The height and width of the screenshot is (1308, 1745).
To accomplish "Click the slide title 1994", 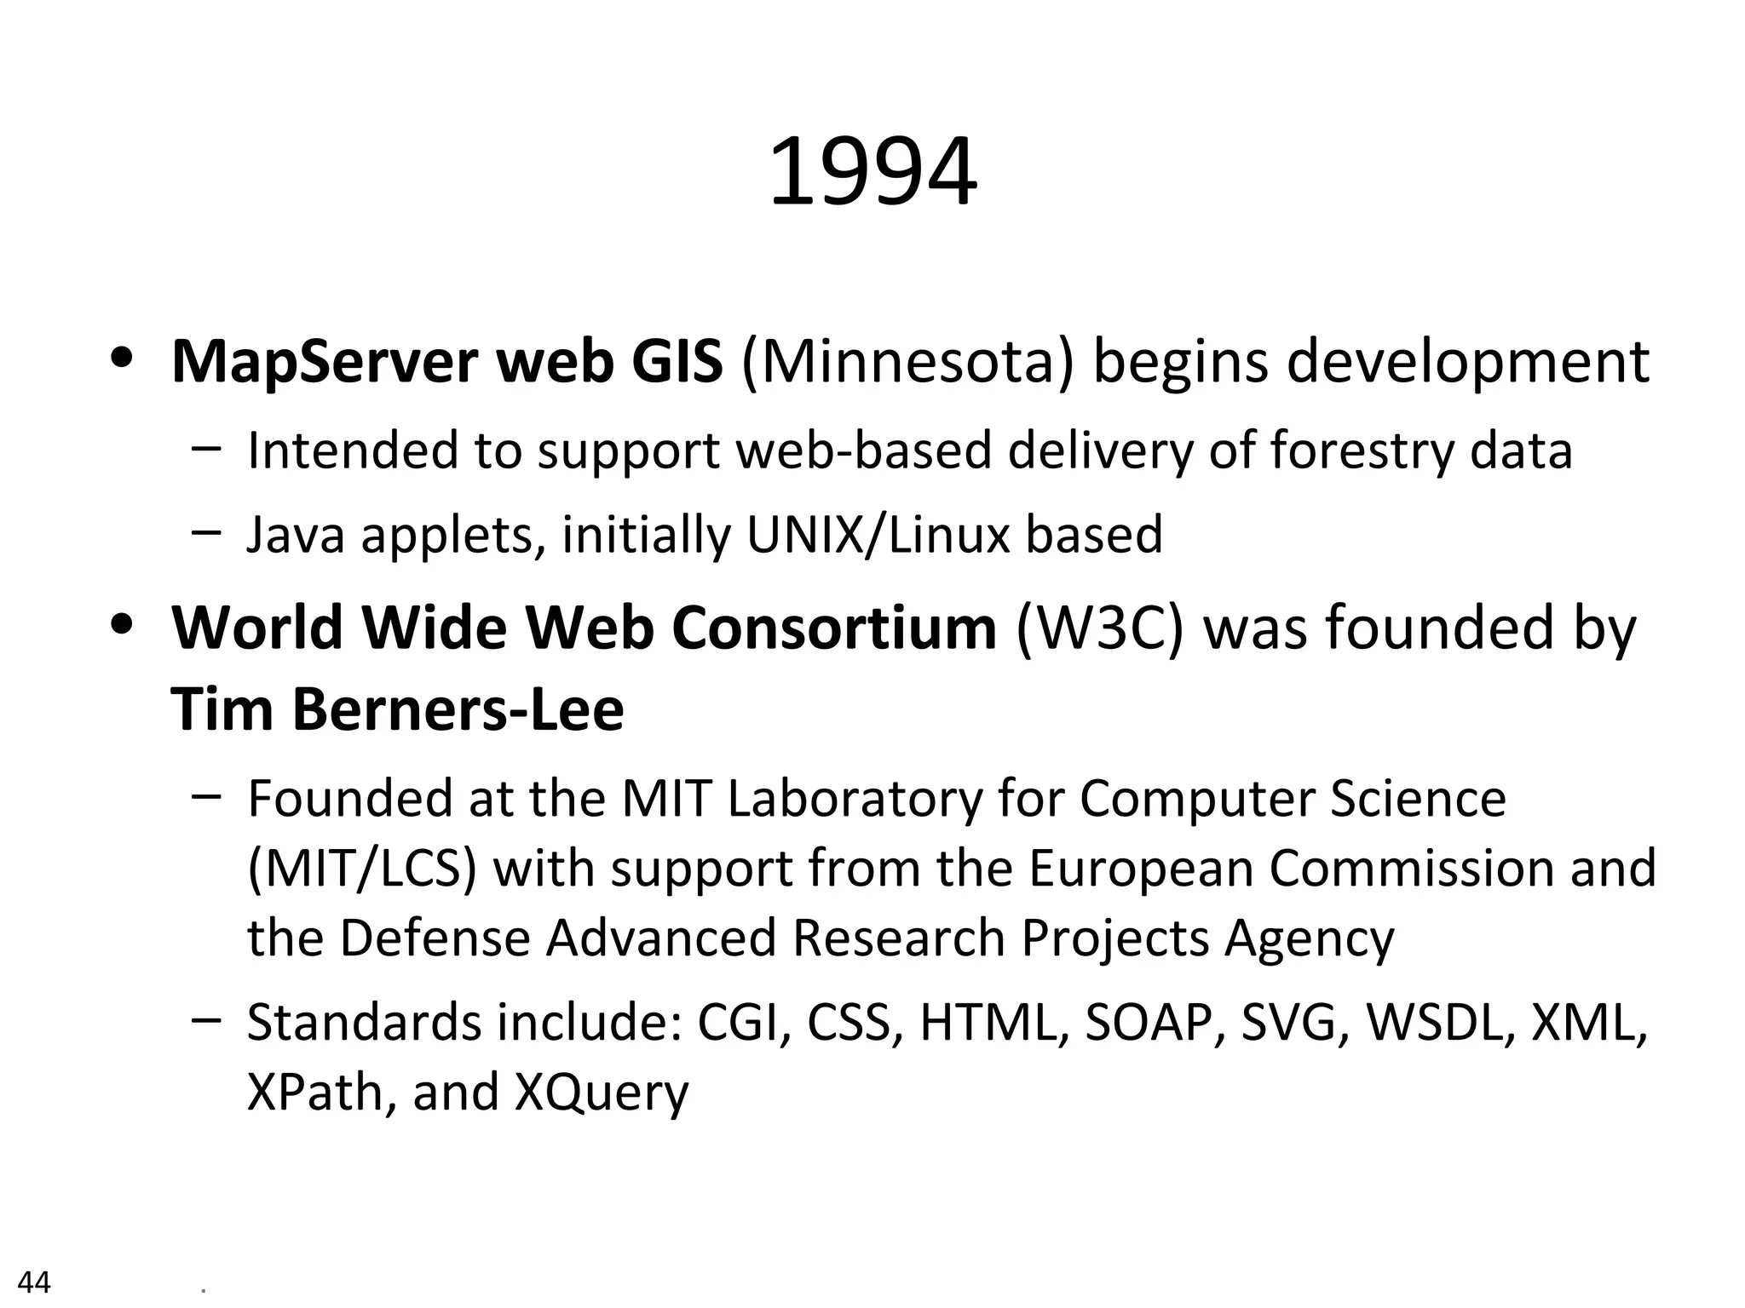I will click(872, 173).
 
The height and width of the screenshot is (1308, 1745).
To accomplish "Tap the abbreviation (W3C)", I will click(1099, 628).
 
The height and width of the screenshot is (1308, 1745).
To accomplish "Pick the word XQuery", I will click(602, 1093).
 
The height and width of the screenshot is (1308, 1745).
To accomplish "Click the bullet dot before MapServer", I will click(124, 356).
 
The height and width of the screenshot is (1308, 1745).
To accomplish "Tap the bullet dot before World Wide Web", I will click(124, 622).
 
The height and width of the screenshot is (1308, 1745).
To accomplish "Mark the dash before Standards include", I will click(207, 1019).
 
